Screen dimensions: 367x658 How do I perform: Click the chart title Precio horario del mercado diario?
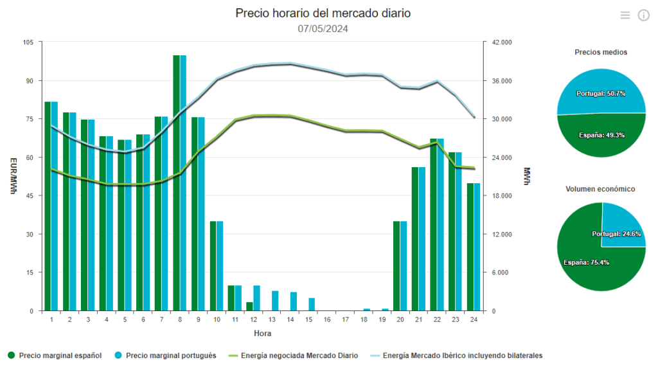[323, 13]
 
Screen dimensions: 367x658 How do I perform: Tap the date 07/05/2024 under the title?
[323, 28]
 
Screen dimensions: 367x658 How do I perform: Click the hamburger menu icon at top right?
[625, 15]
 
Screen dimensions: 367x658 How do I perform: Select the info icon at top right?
[643, 15]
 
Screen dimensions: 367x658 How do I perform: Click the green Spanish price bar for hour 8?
[176, 183]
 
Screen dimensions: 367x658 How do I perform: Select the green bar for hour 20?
[396, 266]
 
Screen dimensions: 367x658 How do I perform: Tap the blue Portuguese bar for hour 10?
[220, 266]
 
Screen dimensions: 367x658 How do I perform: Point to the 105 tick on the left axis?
[28, 42]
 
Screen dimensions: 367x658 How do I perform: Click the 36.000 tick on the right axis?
[502, 81]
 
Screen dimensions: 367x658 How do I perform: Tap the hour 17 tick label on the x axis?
[345, 319]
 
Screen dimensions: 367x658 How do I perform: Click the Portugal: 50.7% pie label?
[601, 93]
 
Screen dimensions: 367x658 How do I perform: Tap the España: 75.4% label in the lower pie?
[586, 262]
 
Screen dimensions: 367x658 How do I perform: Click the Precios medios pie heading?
[601, 52]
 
